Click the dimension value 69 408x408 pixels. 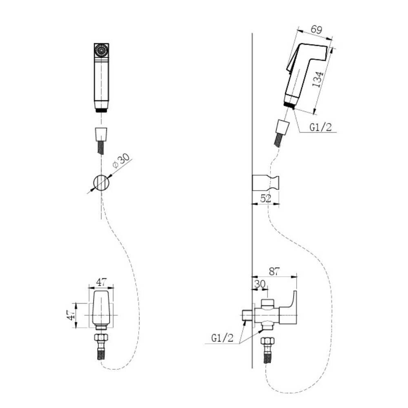[317, 29]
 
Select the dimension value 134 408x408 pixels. [318, 79]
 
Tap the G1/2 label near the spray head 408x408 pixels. [321, 127]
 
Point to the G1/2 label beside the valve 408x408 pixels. [222, 338]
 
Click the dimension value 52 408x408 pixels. [266, 199]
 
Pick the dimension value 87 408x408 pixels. [274, 271]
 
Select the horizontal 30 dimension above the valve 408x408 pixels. [259, 284]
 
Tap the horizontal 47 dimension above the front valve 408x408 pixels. [101, 282]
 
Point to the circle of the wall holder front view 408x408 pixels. [101, 183]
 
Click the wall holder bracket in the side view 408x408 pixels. [266, 183]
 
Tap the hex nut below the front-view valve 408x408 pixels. [101, 338]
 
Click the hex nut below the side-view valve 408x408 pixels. [267, 341]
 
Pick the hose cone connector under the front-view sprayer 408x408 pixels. [101, 134]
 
